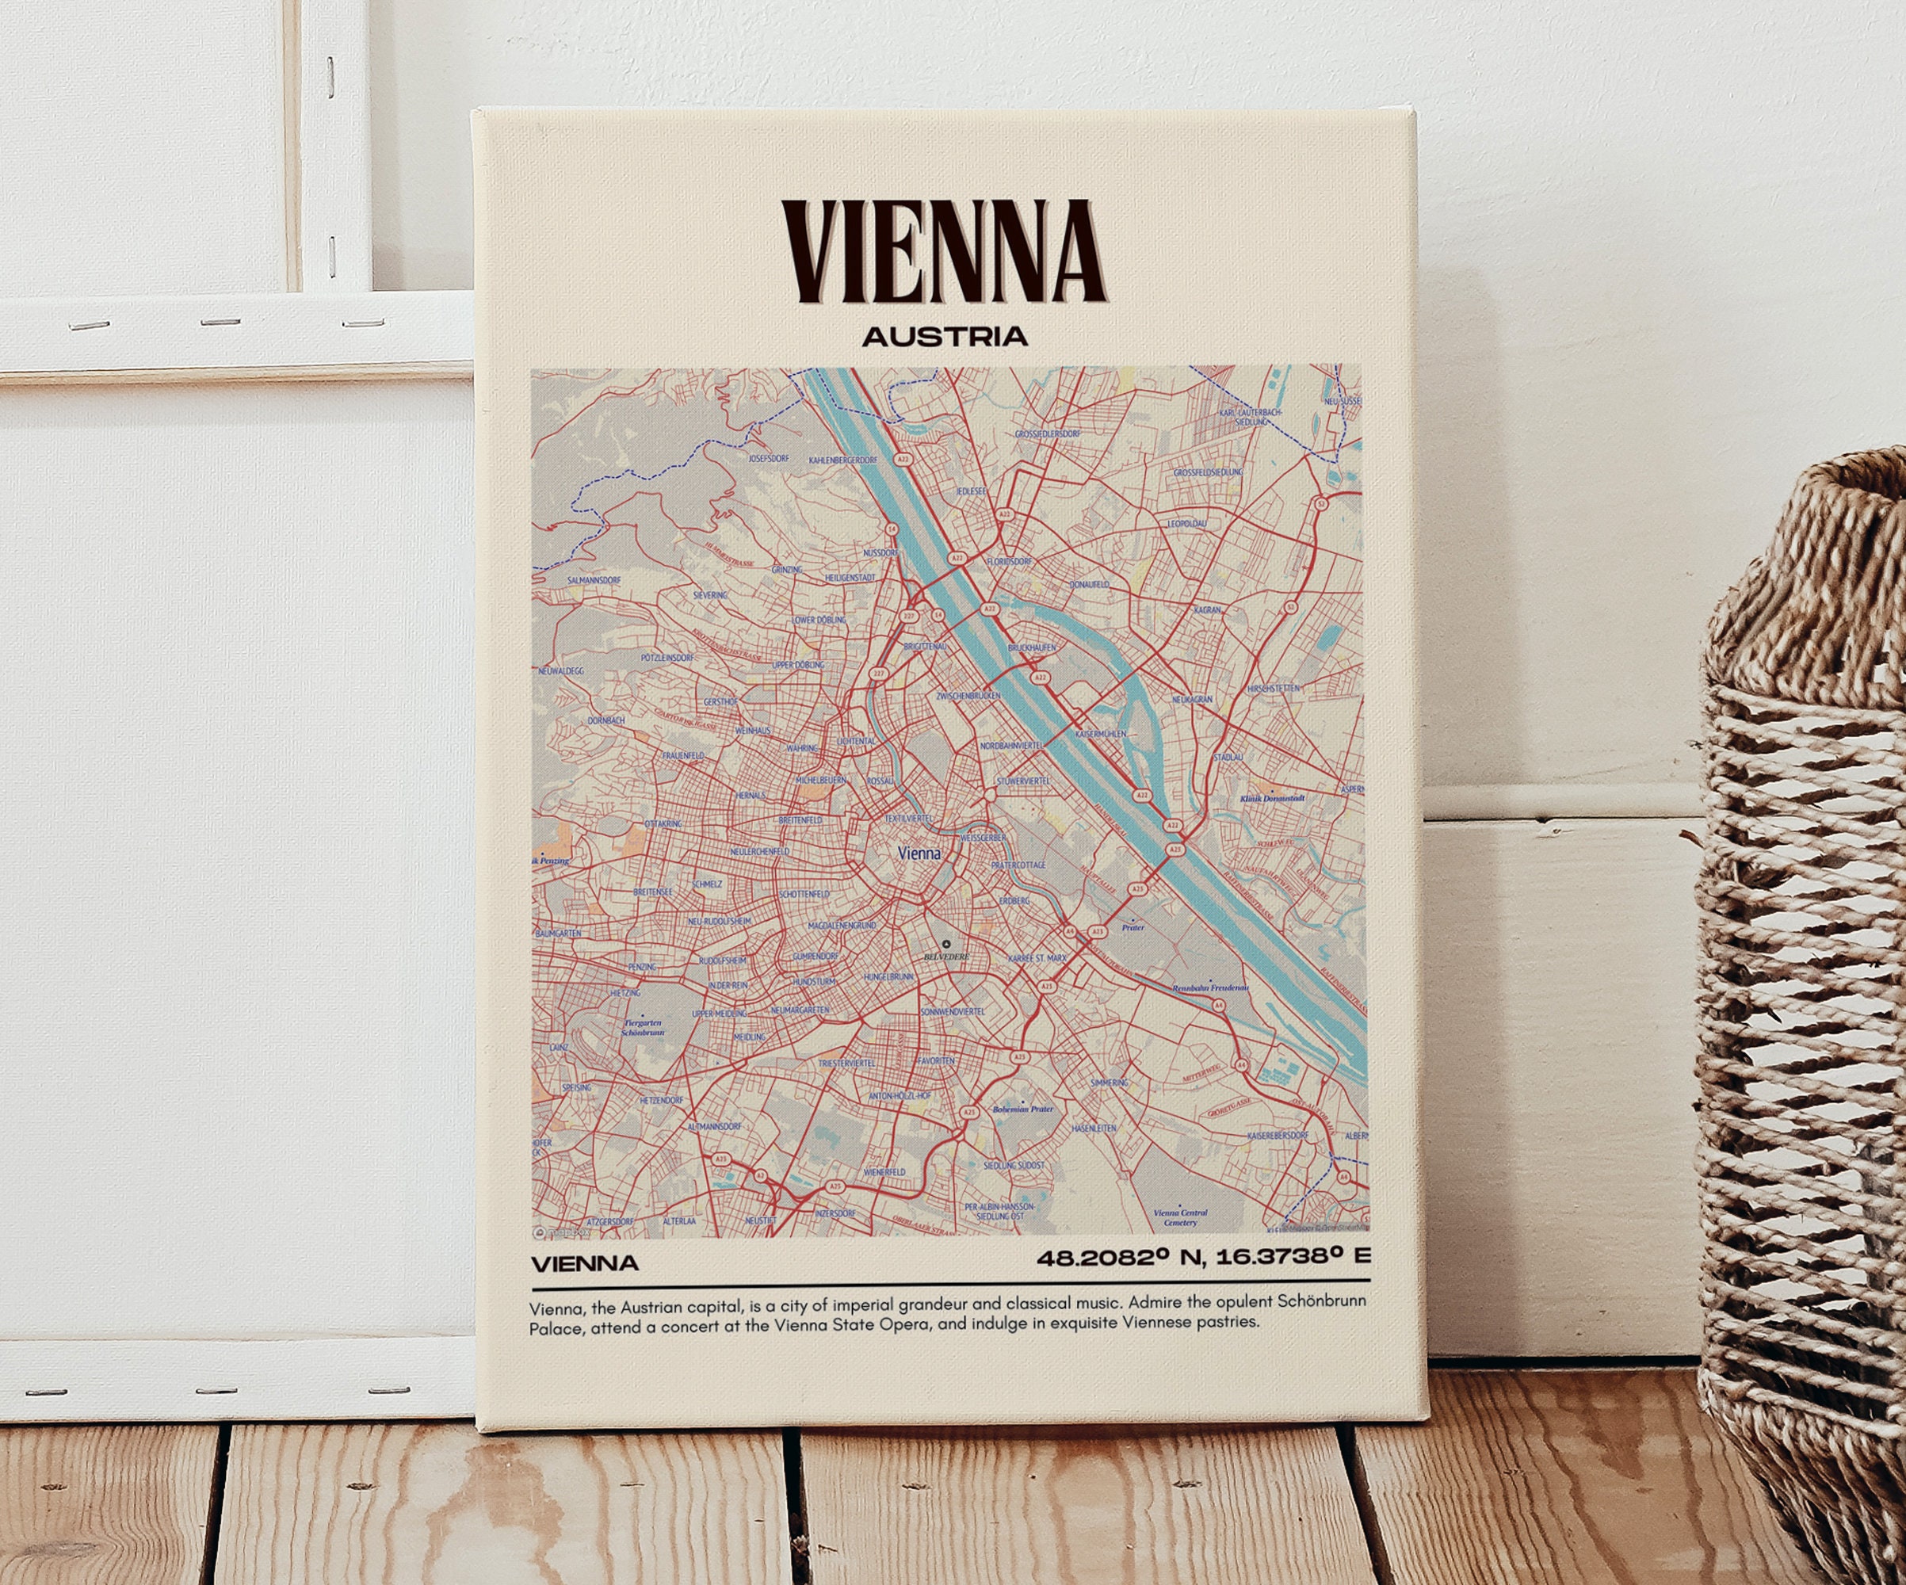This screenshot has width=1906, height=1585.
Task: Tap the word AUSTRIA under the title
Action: click(944, 337)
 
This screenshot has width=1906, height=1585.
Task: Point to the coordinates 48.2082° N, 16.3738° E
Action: click(1202, 1258)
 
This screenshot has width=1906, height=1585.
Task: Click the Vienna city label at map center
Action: click(919, 854)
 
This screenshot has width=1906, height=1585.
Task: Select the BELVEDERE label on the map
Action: click(945, 957)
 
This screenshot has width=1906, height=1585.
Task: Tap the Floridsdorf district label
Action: click(1010, 562)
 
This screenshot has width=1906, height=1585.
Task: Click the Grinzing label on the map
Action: click(787, 570)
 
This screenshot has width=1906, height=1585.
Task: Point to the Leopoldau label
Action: click(1186, 524)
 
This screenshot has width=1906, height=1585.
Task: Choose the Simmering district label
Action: click(1109, 1082)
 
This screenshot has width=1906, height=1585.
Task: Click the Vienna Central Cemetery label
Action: click(1180, 1217)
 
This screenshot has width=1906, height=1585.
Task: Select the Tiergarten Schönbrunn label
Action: click(643, 1028)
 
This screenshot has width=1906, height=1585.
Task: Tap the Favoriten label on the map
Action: click(936, 1060)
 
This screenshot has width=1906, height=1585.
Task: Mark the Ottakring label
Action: click(663, 823)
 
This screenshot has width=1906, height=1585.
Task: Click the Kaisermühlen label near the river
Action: click(1100, 732)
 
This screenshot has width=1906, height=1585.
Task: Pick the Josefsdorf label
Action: click(769, 458)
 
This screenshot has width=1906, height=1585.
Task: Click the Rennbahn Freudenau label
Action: click(1210, 987)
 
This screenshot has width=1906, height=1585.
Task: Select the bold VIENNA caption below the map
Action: click(585, 1262)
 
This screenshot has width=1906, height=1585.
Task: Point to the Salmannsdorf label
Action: click(594, 579)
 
